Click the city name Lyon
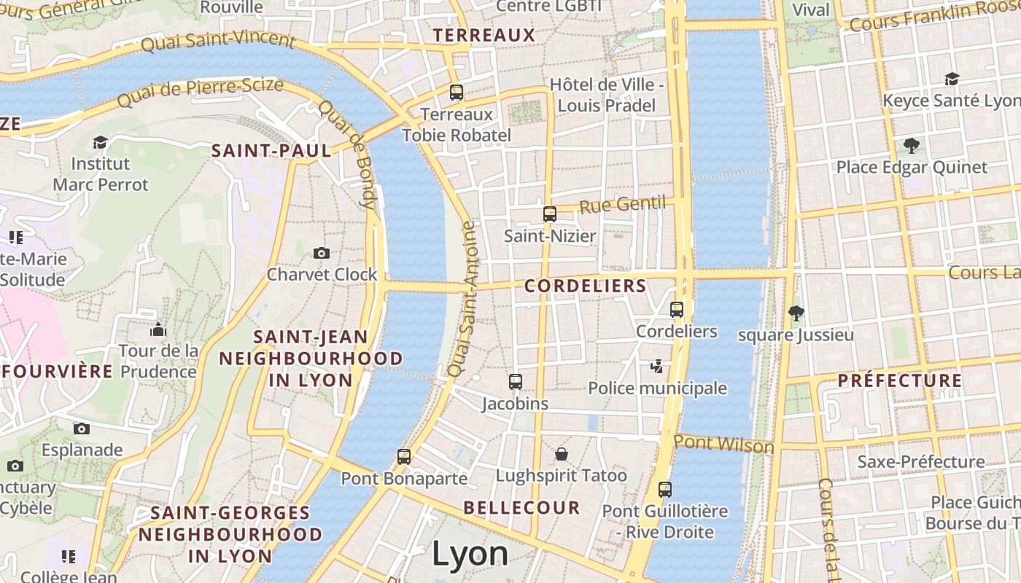(x=470, y=554)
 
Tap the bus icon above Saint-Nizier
(x=550, y=214)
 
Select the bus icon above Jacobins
(x=516, y=381)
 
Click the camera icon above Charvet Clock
(x=321, y=253)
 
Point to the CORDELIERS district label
(x=586, y=286)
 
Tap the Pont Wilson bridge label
(x=723, y=443)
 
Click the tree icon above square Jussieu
(x=796, y=313)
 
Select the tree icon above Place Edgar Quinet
(x=911, y=145)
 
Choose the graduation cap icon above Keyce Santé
(x=952, y=79)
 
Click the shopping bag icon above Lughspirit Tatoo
(x=562, y=454)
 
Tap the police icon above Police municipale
(x=657, y=366)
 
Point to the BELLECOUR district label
(x=521, y=508)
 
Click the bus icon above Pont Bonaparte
(x=404, y=457)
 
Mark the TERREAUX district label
(x=484, y=35)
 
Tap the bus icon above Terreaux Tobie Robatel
(x=457, y=93)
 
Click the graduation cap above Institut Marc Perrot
(x=100, y=142)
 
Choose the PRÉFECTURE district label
(x=900, y=380)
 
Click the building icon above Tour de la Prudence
(x=158, y=329)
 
